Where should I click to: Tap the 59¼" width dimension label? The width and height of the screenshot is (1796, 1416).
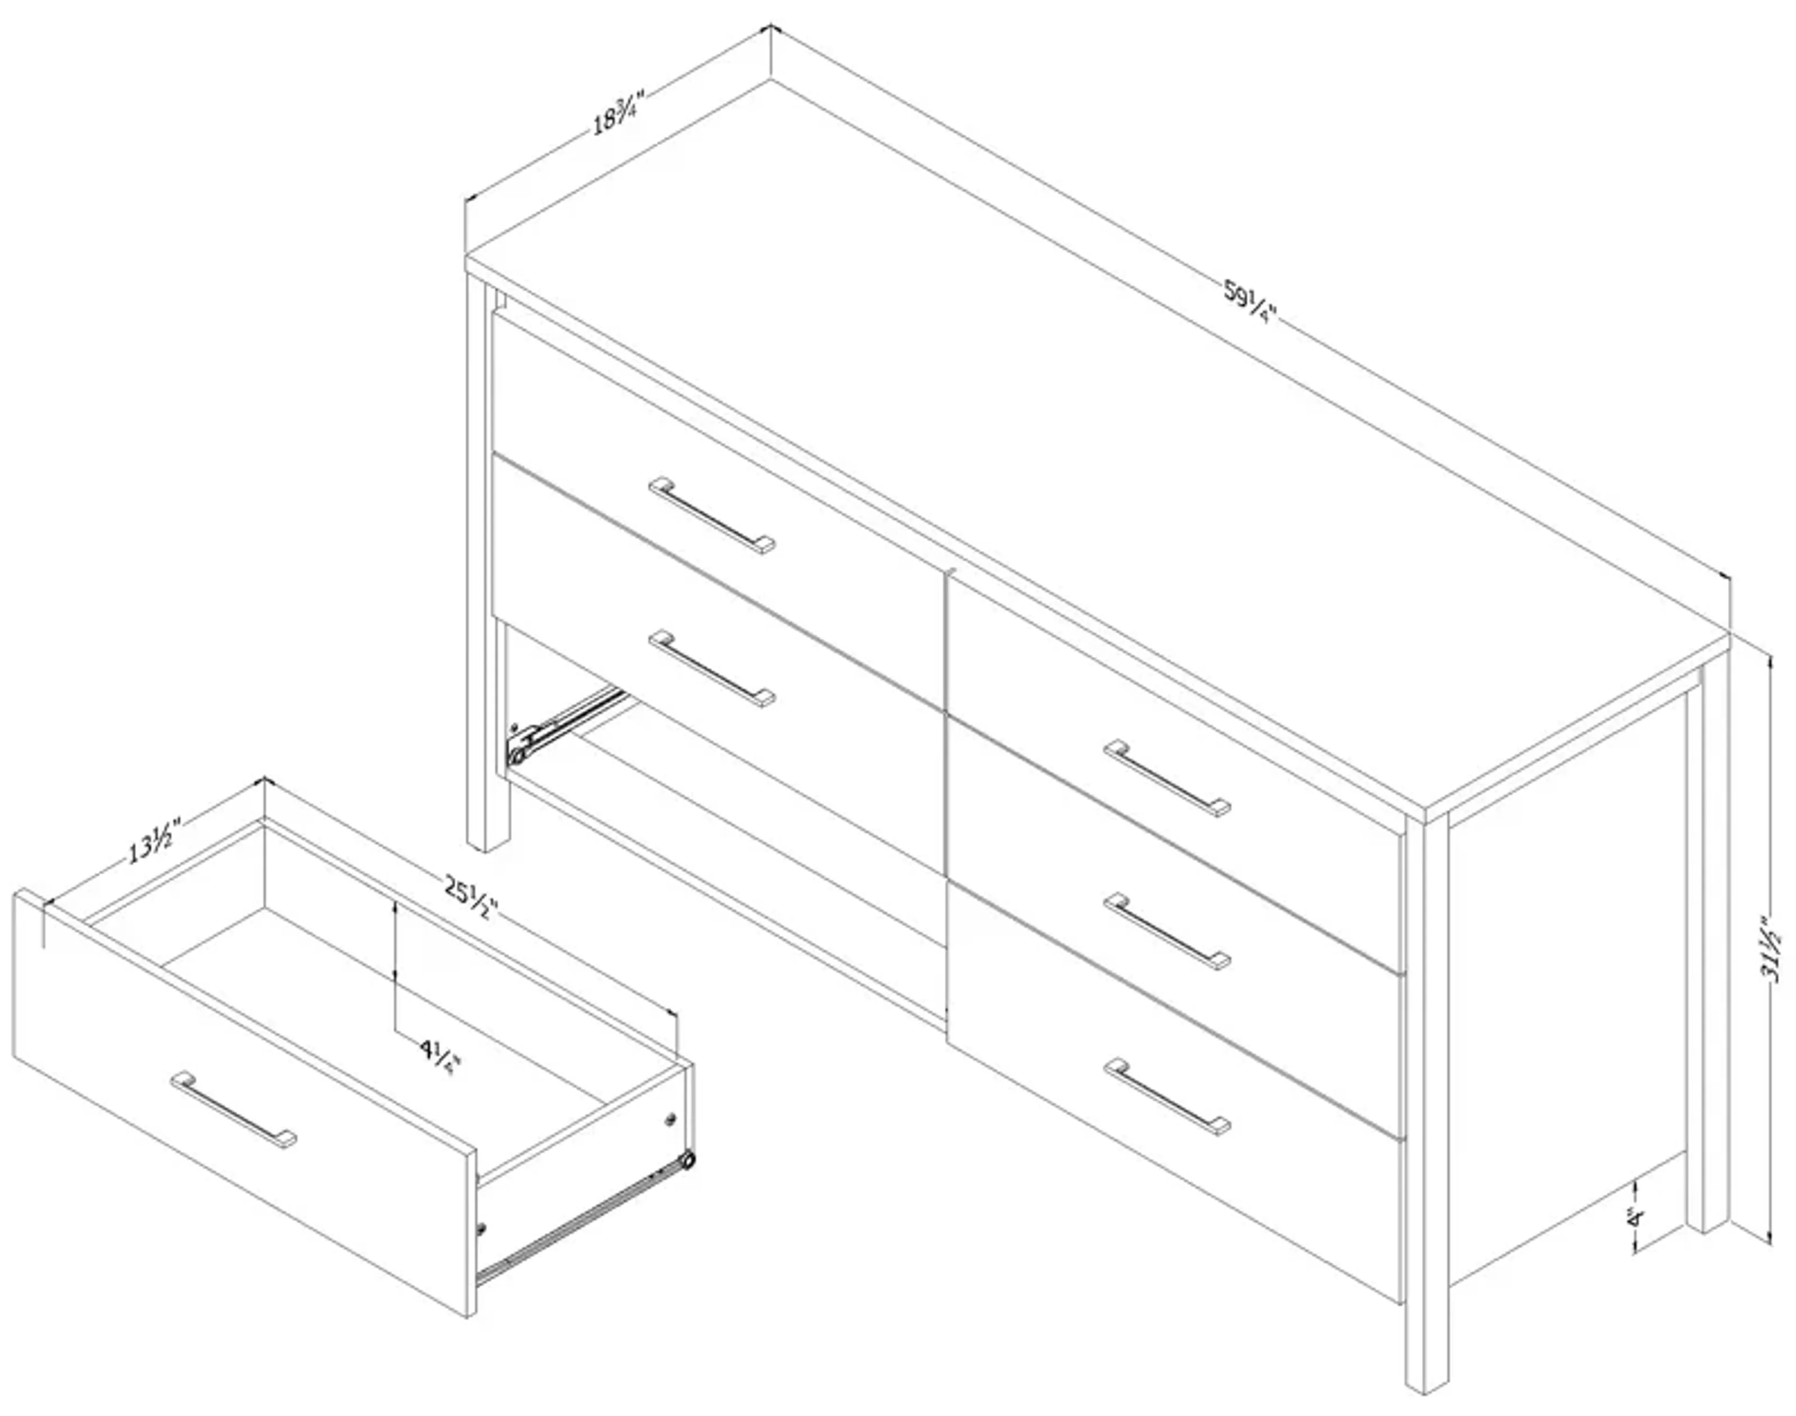1250,304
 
